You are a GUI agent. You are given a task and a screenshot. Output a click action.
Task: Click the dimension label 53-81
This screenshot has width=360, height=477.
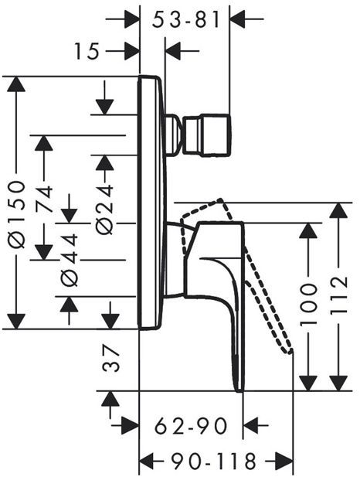[185, 20]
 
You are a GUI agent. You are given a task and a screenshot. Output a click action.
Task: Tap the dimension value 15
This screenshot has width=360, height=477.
[87, 51]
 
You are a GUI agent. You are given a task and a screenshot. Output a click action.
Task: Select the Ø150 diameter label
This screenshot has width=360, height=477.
[15, 214]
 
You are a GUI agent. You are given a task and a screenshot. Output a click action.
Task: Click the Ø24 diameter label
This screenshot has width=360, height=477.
[104, 210]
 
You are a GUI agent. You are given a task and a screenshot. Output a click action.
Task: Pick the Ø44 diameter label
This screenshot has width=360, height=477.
[70, 260]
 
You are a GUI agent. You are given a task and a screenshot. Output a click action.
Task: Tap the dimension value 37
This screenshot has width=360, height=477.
[110, 359]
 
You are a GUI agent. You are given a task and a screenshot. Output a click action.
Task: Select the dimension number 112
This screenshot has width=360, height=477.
[338, 295]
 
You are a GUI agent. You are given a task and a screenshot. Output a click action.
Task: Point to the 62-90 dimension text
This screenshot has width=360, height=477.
[191, 426]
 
